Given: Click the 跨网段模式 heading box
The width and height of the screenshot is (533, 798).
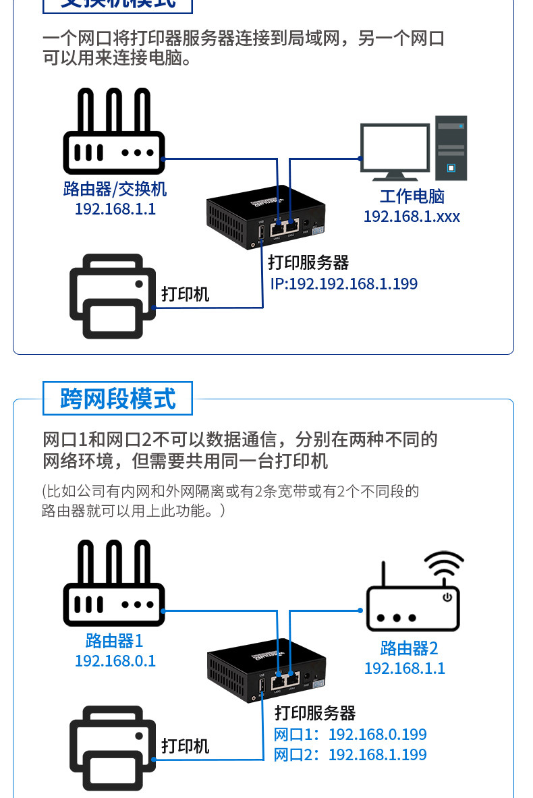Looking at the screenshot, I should pyautogui.click(x=117, y=399).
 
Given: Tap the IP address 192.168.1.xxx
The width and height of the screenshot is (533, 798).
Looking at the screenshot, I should pyautogui.click(x=412, y=217).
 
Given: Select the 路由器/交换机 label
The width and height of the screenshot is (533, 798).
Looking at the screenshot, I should pyautogui.click(x=115, y=189).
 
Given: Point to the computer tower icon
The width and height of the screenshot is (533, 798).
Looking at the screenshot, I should pyautogui.click(x=451, y=148).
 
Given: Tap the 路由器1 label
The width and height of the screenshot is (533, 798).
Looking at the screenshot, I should pyautogui.click(x=115, y=640).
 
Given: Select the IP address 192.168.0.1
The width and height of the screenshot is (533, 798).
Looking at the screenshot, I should pyautogui.click(x=115, y=660).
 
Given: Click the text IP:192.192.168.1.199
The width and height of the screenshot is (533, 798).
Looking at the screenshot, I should pyautogui.click(x=344, y=284).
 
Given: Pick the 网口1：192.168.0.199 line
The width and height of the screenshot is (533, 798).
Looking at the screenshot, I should pyautogui.click(x=350, y=735).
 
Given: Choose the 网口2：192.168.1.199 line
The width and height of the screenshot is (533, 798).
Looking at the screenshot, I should pyautogui.click(x=350, y=754).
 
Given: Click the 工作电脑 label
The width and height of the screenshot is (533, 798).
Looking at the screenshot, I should pyautogui.click(x=412, y=196).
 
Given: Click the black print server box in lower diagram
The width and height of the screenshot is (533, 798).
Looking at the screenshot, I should pyautogui.click(x=266, y=669).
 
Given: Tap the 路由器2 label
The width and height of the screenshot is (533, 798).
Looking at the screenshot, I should pyautogui.click(x=409, y=648).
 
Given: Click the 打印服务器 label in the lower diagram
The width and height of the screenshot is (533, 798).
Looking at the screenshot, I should pyautogui.click(x=315, y=713).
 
